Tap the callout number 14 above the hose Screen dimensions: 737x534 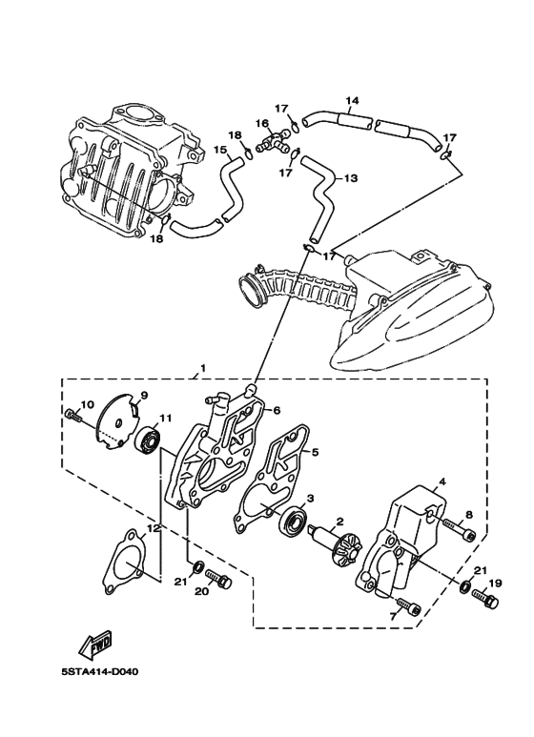(352, 100)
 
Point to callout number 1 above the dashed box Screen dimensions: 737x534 (202, 367)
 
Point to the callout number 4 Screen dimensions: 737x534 (441, 482)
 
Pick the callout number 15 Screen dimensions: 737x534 (219, 150)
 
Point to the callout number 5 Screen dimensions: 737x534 (315, 453)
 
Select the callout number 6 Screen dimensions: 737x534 (277, 410)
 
